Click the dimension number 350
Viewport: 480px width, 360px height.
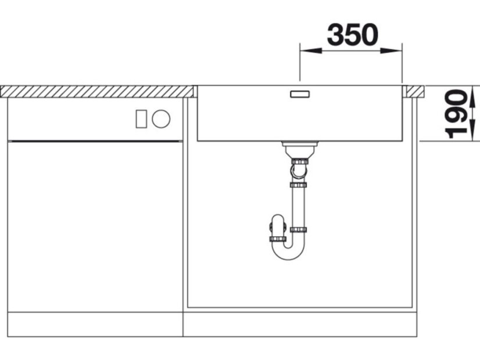[x=353, y=35]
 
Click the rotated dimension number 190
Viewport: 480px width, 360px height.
[x=456, y=114]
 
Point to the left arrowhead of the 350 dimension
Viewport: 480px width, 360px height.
[x=311, y=51]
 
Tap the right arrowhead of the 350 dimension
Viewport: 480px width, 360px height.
[x=391, y=51]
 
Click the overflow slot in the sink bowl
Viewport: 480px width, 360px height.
[x=300, y=94]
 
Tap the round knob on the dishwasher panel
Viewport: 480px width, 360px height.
[x=161, y=118]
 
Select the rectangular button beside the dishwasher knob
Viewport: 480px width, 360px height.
[x=141, y=118]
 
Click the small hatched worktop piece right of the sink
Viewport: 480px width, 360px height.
[x=413, y=92]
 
